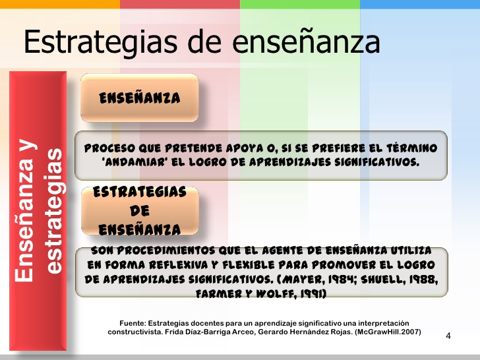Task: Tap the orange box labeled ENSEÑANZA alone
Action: pos(139,98)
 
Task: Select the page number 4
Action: pos(448,336)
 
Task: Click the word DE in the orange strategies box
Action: pos(139,211)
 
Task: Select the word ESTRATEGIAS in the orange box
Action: pos(139,193)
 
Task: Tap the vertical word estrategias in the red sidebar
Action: pos(55,211)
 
